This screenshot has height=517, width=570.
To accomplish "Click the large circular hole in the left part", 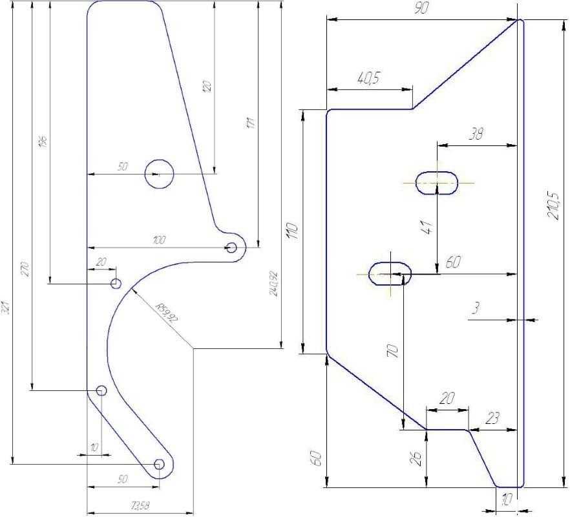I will (x=159, y=174).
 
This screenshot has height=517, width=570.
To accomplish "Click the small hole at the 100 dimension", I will (x=231, y=247).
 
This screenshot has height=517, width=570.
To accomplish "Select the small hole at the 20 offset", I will (x=116, y=284).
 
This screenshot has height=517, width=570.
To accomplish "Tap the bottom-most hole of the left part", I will (x=159, y=464).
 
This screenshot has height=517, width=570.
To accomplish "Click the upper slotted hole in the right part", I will (x=436, y=183).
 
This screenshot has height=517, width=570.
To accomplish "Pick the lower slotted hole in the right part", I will (x=390, y=273).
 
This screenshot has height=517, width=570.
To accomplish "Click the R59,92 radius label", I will (x=167, y=315).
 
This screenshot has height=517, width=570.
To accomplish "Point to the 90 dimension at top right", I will (x=422, y=8).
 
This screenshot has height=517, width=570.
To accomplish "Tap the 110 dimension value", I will (x=291, y=231).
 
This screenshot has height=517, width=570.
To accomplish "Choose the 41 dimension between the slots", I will (x=426, y=227).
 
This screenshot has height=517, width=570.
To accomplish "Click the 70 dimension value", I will (x=392, y=350).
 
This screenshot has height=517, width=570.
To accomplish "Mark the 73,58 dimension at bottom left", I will (x=140, y=506).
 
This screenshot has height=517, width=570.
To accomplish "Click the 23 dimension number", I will (x=492, y=418).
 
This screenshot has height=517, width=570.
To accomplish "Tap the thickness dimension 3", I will (x=475, y=310).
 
